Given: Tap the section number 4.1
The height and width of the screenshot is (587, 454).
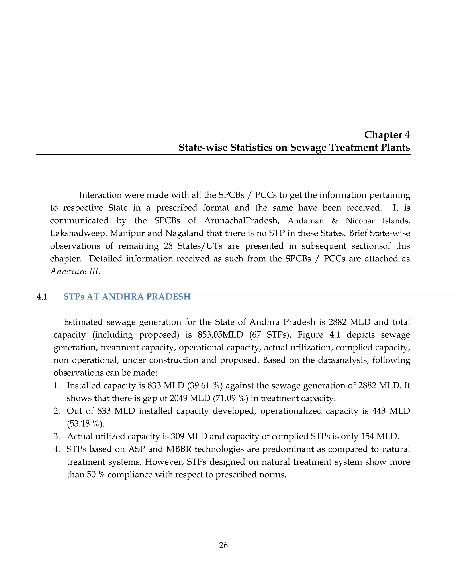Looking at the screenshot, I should tap(42, 297).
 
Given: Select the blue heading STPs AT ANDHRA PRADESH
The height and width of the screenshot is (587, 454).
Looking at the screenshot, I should tap(127, 297).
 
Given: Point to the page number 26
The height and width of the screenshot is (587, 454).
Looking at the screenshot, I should tap(223, 545).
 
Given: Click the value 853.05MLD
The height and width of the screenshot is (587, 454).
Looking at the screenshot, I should tap(220, 335).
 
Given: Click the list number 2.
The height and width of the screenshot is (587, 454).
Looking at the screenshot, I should tap(57, 411).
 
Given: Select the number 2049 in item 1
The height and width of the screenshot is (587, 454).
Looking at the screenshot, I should tap(179, 398).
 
